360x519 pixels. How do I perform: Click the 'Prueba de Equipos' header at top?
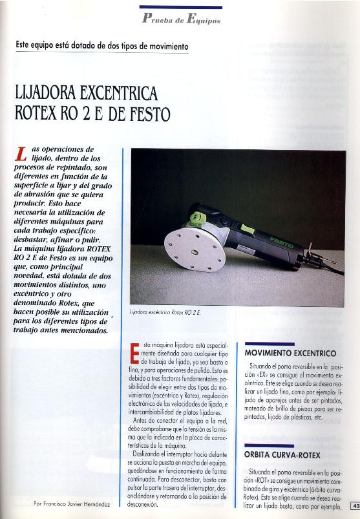pos(180,20)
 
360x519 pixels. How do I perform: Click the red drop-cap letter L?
pos(21,153)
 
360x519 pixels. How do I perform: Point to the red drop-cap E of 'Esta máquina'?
pos(135,353)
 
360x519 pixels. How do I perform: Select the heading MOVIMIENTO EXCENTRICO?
pos(290,354)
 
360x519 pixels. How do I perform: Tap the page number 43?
pos(355,505)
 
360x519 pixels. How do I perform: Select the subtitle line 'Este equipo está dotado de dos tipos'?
pos(103,47)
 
